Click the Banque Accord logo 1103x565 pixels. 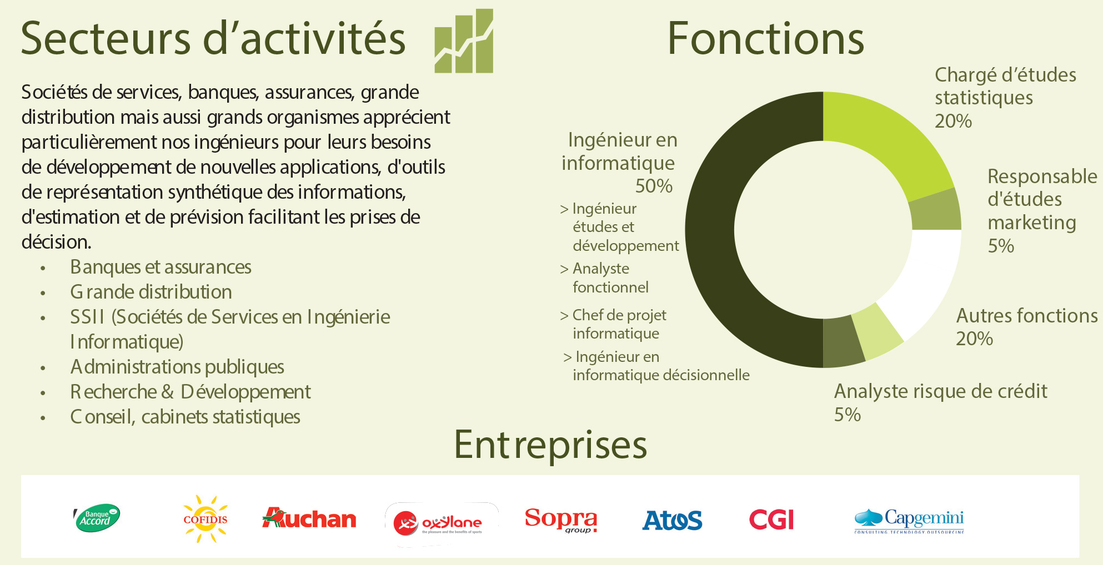click(97, 518)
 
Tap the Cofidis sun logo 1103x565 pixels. click(205, 519)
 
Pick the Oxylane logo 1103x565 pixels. click(442, 523)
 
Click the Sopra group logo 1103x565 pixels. click(561, 520)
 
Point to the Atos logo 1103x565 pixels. click(672, 520)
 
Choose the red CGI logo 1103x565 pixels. click(771, 519)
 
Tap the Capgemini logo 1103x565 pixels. click(909, 521)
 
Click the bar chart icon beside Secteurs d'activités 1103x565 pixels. click(464, 41)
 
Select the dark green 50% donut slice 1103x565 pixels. click(711, 230)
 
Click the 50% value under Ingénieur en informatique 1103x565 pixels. click(654, 186)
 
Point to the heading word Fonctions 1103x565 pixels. click(766, 38)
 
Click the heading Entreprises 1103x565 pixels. click(550, 445)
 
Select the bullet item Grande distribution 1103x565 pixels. click(151, 292)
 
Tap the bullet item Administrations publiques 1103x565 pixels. click(177, 367)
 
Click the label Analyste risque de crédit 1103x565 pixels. click(941, 391)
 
